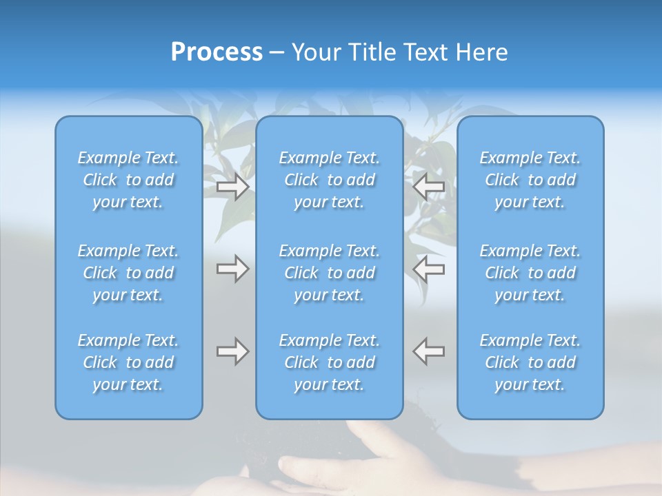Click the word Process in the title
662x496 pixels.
(x=217, y=52)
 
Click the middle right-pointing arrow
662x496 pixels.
(x=232, y=269)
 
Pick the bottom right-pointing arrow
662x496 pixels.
(x=232, y=351)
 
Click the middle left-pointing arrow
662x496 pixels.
(x=428, y=269)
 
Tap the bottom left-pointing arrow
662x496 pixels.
(x=428, y=351)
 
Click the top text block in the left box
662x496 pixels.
(x=128, y=180)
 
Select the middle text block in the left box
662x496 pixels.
(x=128, y=273)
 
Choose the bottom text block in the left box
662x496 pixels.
(x=128, y=362)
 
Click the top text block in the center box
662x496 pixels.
(x=330, y=180)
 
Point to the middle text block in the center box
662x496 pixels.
(x=330, y=273)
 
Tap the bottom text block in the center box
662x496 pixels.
(x=330, y=362)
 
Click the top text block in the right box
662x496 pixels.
(x=530, y=180)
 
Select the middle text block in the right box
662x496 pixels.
(x=530, y=273)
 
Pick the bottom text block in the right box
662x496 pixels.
(x=530, y=362)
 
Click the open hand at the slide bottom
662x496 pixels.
(x=324, y=468)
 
